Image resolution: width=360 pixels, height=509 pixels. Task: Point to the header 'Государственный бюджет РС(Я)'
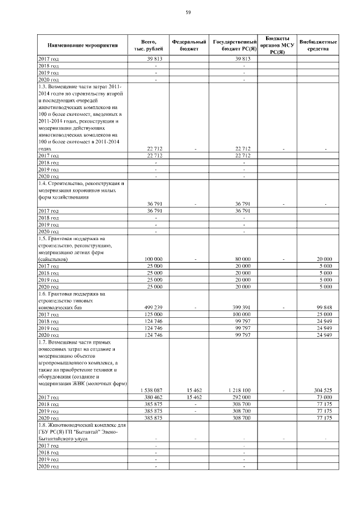pos(235,45)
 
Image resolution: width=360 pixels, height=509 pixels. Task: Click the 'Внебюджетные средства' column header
pos(318,45)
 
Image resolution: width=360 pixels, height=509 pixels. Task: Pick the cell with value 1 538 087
pos(151,390)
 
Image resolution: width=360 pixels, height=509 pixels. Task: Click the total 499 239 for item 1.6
pos(153,307)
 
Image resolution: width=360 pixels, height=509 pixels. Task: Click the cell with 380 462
pos(153,397)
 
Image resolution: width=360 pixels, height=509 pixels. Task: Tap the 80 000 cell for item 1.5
pos(243,259)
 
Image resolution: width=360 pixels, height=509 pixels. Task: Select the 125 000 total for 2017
pos(153,314)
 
